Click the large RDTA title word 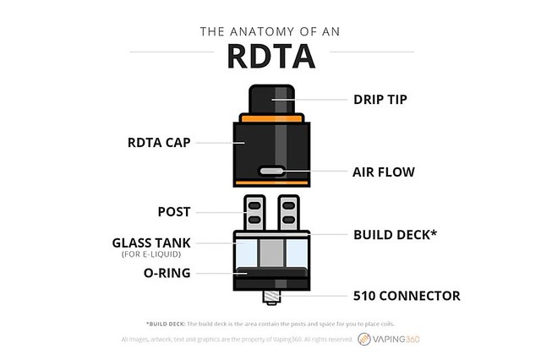click(270, 57)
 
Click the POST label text click(174, 211)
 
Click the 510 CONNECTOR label click(407, 296)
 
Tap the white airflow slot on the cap click(270, 171)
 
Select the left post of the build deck click(252, 212)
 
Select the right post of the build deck click(287, 212)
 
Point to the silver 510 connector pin click(270, 295)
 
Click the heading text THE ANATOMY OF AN click(270, 33)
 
